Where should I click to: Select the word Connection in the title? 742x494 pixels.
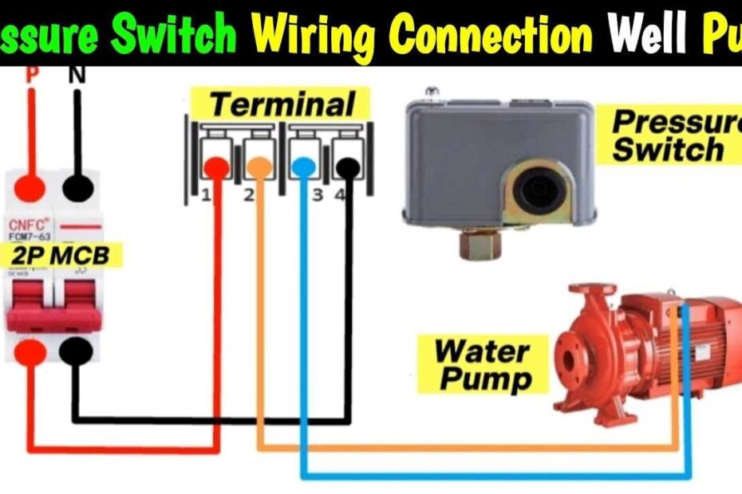(x=493, y=33)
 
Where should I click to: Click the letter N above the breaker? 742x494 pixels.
(x=77, y=75)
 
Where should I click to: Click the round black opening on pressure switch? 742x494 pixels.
(x=535, y=190)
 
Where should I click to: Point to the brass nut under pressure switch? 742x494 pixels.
(x=478, y=243)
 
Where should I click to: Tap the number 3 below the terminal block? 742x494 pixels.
(x=317, y=195)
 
